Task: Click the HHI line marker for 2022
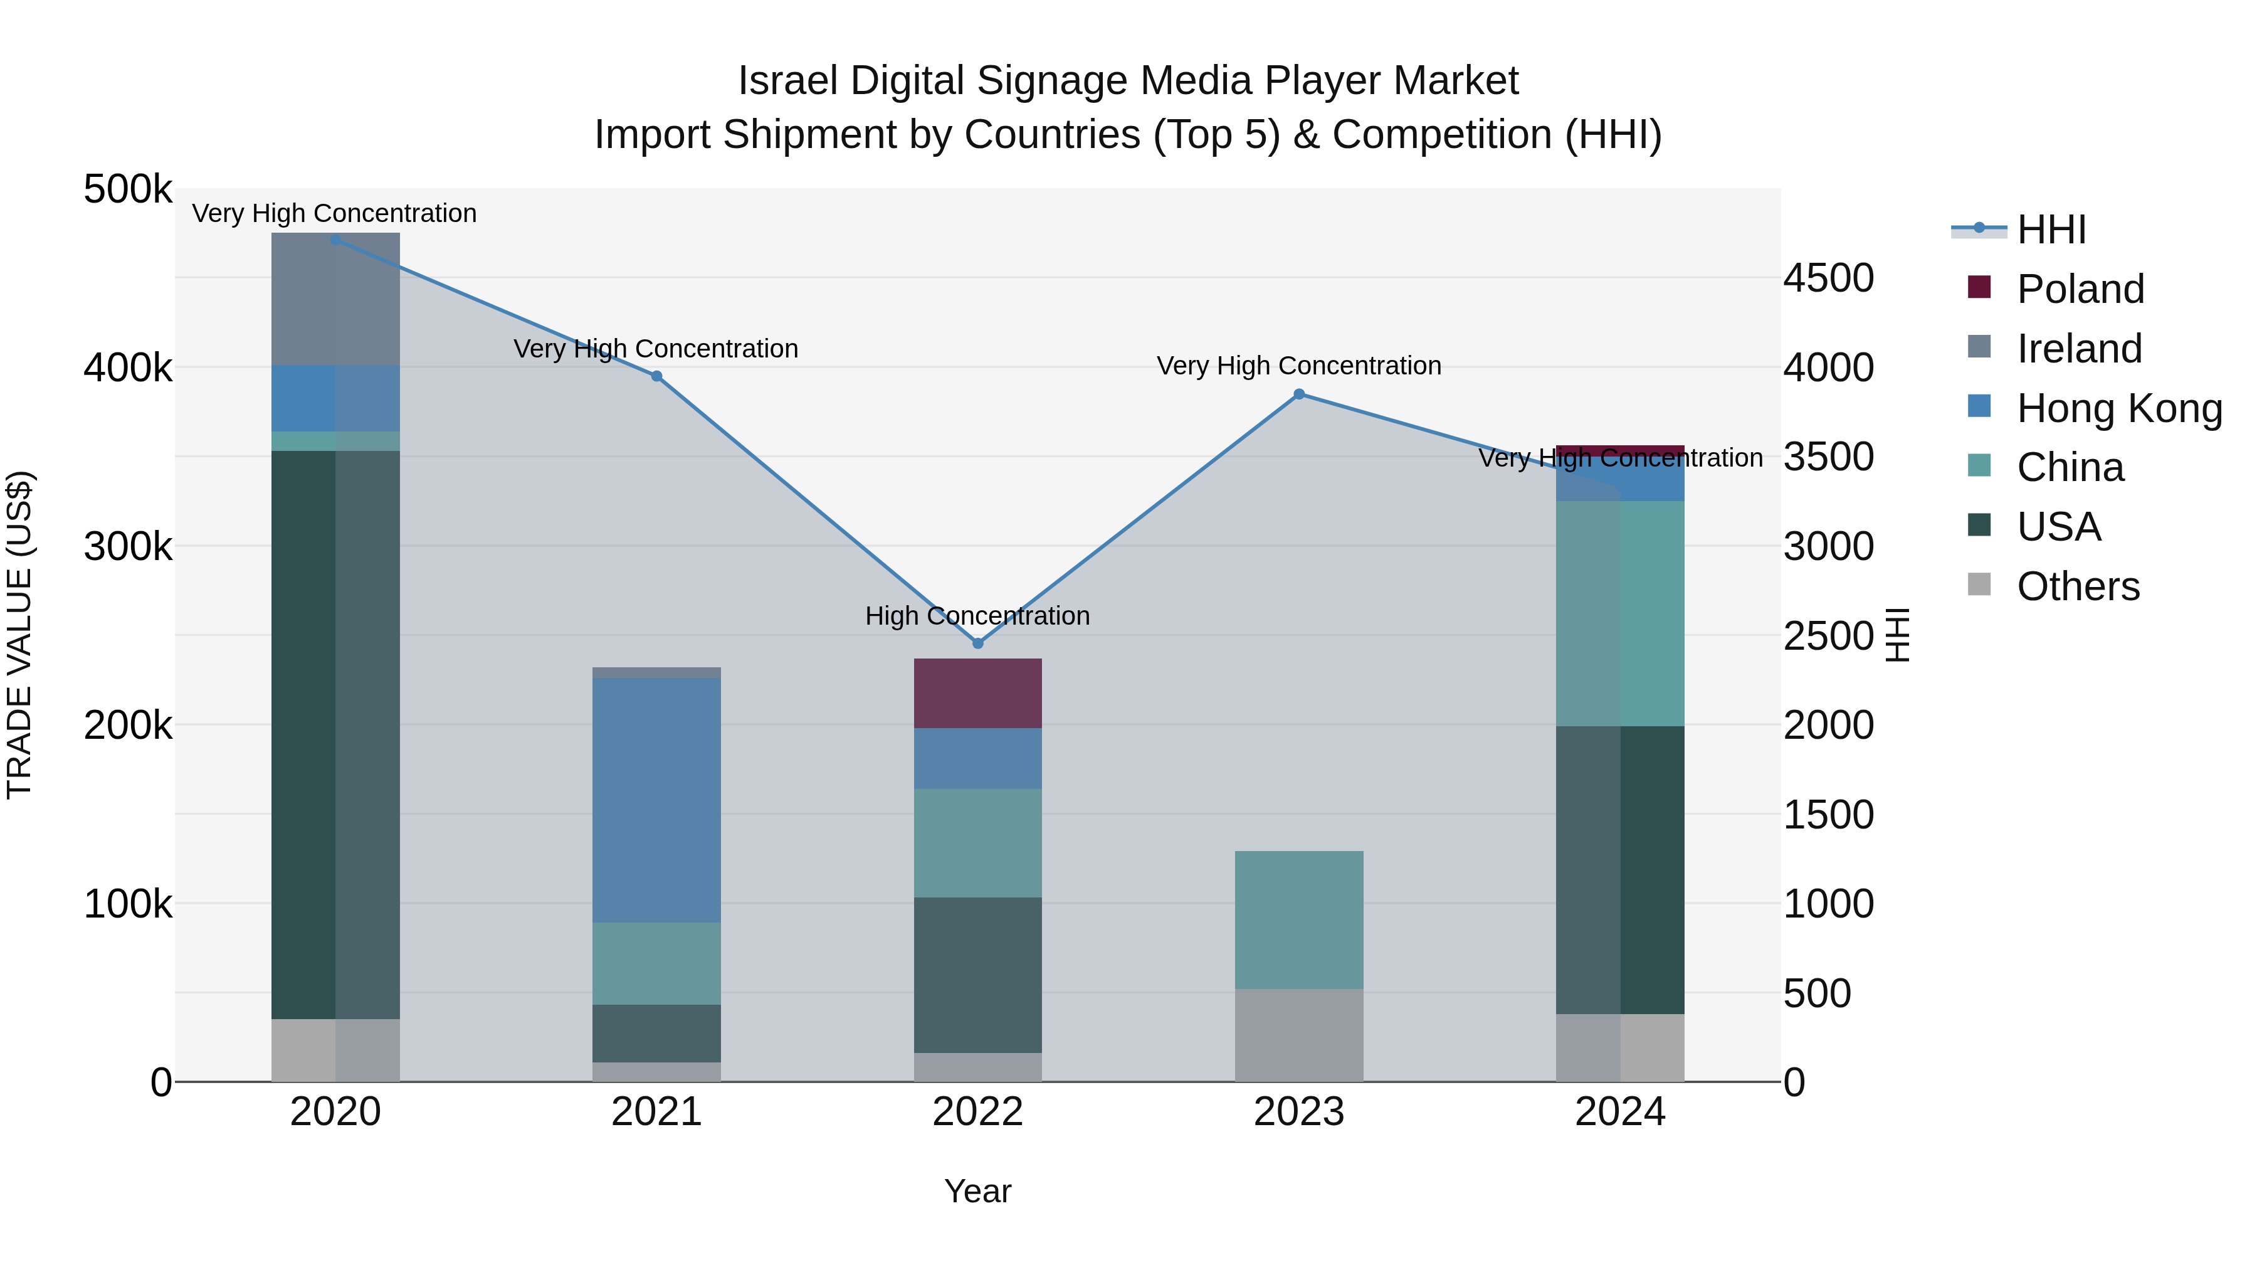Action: (x=978, y=643)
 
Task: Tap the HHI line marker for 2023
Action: (x=1300, y=394)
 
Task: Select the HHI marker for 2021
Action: (x=656, y=376)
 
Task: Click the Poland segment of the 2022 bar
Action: (x=978, y=693)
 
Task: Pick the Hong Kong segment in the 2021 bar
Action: (x=656, y=800)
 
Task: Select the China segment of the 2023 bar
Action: (x=1300, y=919)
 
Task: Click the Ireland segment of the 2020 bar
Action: (x=335, y=299)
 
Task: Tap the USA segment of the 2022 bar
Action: (x=978, y=975)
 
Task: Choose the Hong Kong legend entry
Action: (x=2118, y=408)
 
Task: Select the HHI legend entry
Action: (x=2050, y=230)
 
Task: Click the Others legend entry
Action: (x=2078, y=586)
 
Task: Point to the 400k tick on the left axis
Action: (x=128, y=368)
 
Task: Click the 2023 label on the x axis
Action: (x=1300, y=1112)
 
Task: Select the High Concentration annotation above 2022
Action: (x=978, y=616)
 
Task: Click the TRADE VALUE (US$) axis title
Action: (x=20, y=635)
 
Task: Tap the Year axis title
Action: (x=978, y=1191)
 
